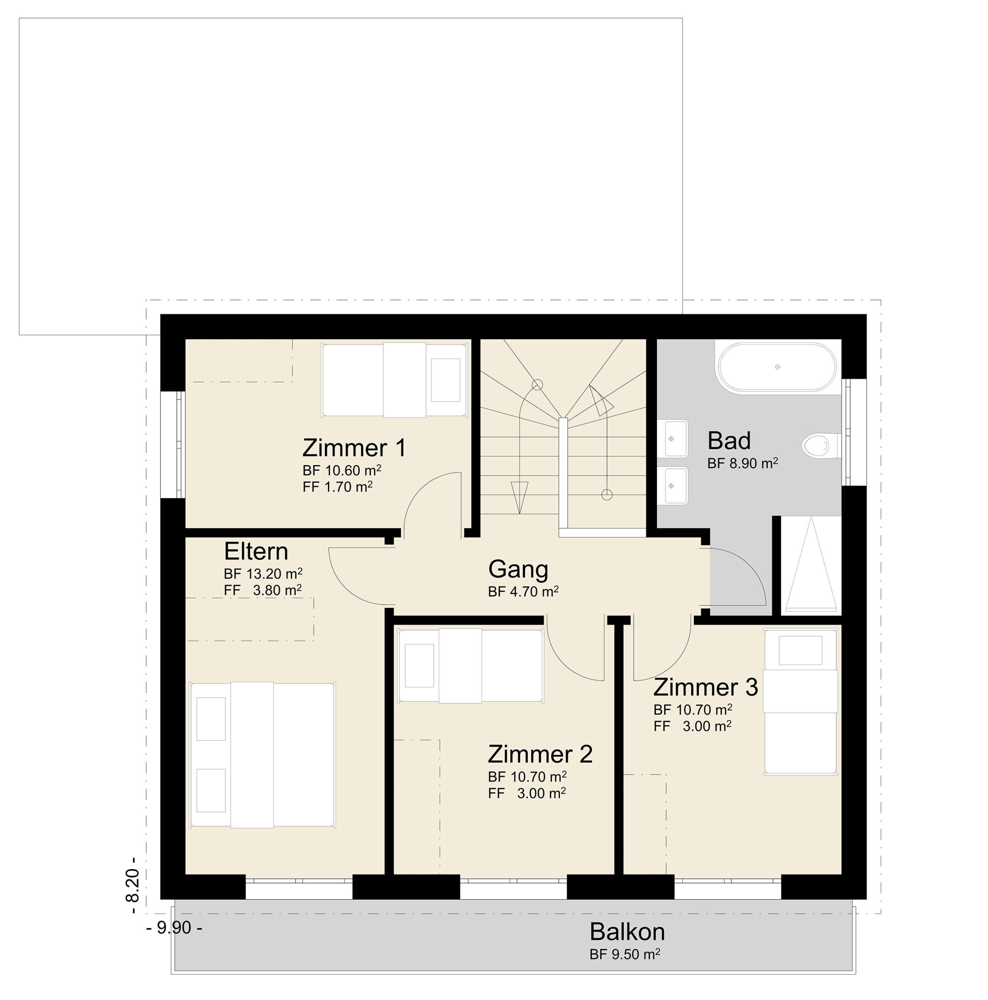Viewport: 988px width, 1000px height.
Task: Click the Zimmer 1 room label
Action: click(x=354, y=448)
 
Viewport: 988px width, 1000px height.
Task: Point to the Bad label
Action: click(x=729, y=441)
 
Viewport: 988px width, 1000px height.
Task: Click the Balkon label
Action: click(x=627, y=932)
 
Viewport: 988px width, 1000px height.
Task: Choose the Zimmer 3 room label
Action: click(x=705, y=687)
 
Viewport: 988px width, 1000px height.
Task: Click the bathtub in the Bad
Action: click(x=776, y=367)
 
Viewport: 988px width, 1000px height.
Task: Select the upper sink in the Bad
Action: click(x=676, y=438)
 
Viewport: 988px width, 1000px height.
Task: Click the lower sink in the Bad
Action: click(x=676, y=486)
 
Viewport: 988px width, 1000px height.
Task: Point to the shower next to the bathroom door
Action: click(x=810, y=565)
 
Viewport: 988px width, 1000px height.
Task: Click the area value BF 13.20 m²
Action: click(x=263, y=573)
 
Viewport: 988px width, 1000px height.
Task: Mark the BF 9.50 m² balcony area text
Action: click(x=625, y=954)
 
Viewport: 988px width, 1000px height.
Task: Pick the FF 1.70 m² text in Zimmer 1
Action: click(x=337, y=487)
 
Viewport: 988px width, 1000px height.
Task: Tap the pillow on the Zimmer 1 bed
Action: click(x=446, y=380)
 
